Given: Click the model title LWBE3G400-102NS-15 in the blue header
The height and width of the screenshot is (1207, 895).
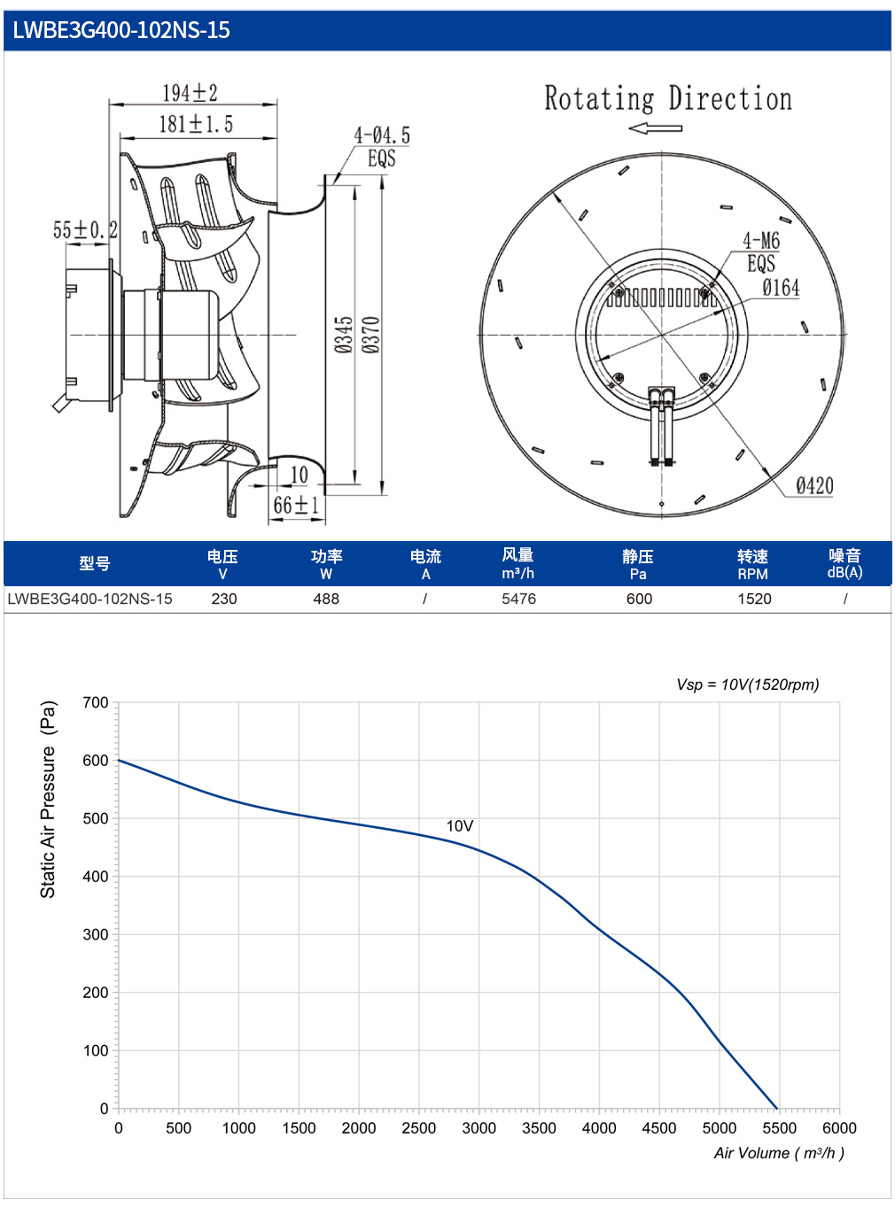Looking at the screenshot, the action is (x=121, y=30).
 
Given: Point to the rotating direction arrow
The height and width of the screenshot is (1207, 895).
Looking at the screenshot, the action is (x=654, y=128).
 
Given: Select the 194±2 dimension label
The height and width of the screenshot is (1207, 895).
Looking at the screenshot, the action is (x=191, y=92).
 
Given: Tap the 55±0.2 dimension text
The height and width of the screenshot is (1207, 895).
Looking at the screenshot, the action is (x=86, y=229).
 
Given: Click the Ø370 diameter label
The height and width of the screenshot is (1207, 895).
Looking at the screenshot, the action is (x=371, y=335).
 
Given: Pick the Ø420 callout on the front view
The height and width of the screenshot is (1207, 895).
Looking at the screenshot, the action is (x=814, y=485).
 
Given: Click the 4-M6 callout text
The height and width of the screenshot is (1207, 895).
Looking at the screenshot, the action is (x=761, y=240).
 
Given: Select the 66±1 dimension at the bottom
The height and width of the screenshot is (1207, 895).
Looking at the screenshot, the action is (x=296, y=505).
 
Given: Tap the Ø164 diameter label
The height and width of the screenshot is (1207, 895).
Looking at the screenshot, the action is (x=781, y=287).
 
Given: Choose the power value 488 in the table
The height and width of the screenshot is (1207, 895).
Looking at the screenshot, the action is (x=326, y=599).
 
